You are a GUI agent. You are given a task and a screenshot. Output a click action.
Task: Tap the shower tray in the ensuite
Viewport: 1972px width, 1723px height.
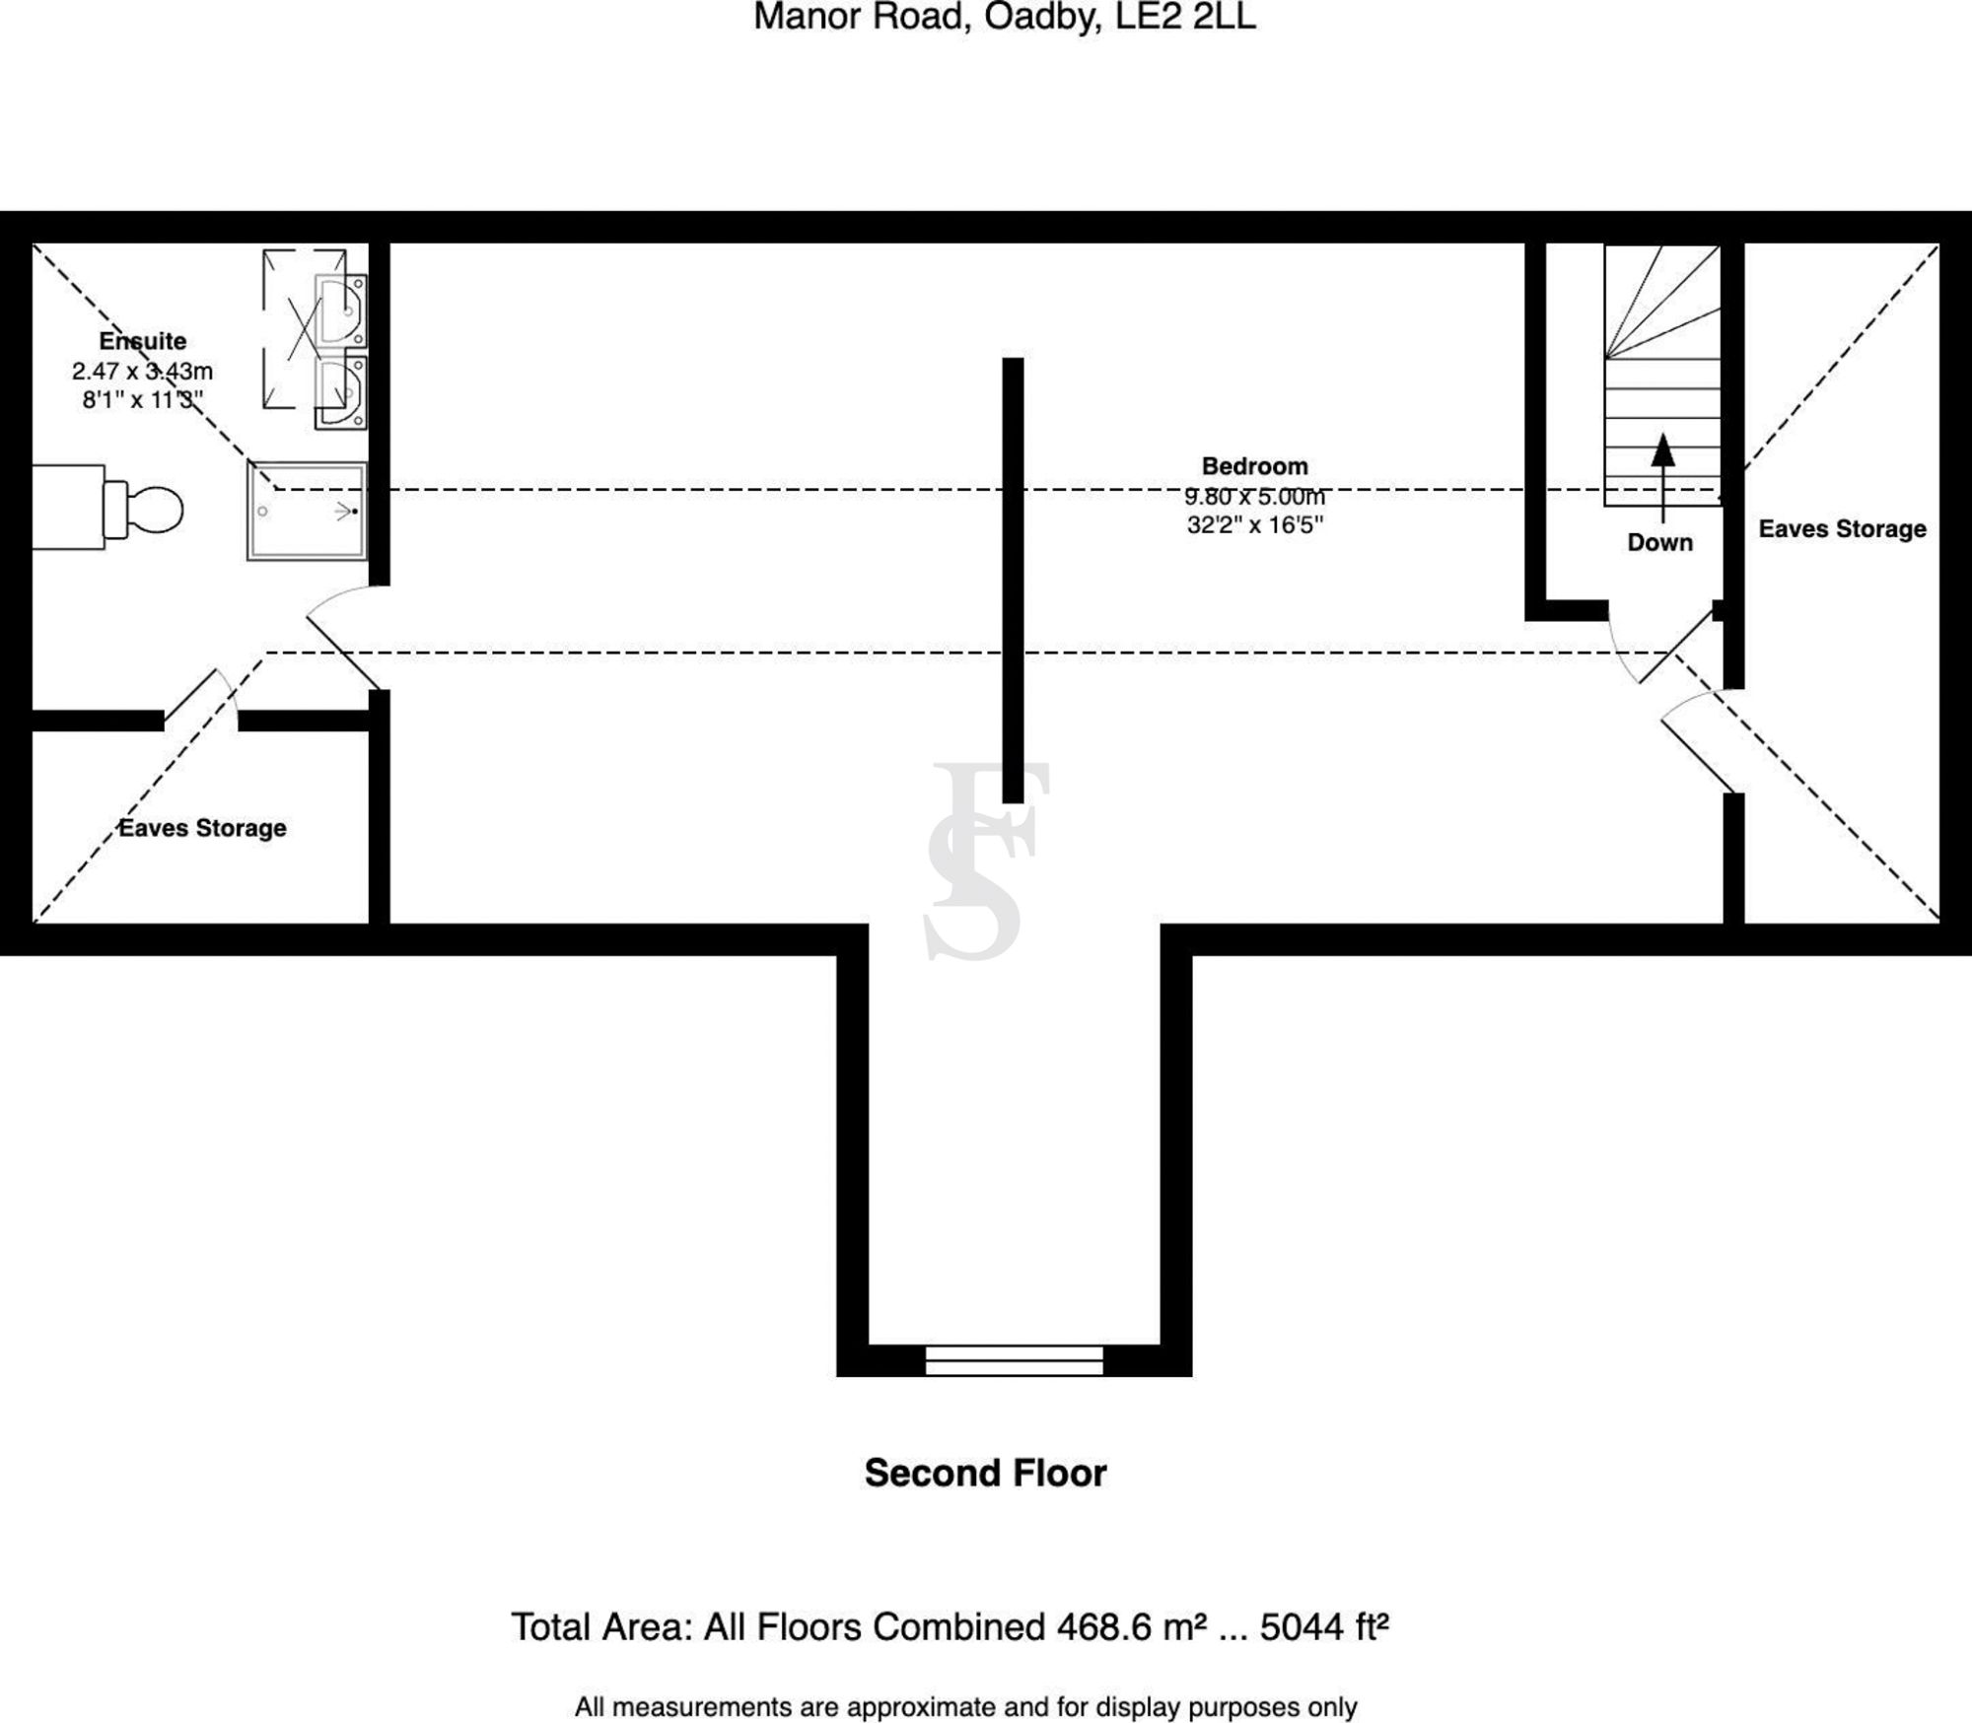(x=307, y=512)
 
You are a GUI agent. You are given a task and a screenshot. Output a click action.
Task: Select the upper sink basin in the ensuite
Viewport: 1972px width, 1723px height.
(x=341, y=310)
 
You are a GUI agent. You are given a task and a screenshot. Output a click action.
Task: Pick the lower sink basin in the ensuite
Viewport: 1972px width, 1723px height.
(x=341, y=392)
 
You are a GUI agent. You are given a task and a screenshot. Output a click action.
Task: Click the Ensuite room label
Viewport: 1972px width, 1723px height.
(x=143, y=341)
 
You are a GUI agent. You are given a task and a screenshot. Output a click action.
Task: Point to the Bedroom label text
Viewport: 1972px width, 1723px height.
(x=1254, y=466)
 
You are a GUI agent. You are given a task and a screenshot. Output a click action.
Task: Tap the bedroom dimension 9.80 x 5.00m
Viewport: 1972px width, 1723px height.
(x=1254, y=496)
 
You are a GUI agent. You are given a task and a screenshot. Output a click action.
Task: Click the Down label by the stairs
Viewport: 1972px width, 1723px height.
(x=1659, y=542)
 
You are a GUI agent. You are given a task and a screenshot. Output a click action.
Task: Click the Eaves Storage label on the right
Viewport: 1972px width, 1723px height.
(x=1842, y=529)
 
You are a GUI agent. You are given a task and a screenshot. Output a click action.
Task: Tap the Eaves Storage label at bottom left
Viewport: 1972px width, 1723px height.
(x=202, y=828)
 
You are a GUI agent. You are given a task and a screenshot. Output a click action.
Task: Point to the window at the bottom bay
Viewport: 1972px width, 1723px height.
(x=1014, y=1360)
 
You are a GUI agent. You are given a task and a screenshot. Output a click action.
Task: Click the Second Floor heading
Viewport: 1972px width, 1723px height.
(x=985, y=1473)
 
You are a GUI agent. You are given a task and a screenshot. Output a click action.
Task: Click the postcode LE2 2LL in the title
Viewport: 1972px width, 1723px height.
(x=1185, y=18)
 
